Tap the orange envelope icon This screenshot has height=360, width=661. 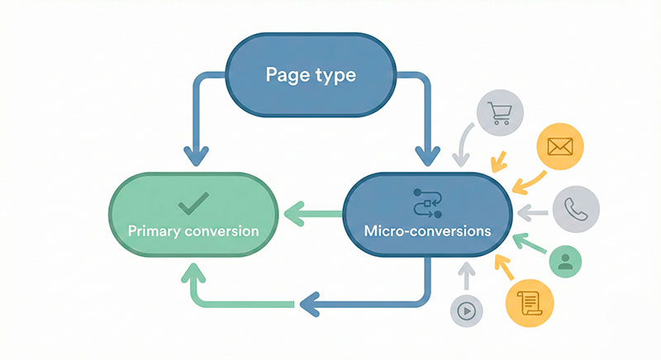click(560, 149)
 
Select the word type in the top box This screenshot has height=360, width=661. click(334, 77)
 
